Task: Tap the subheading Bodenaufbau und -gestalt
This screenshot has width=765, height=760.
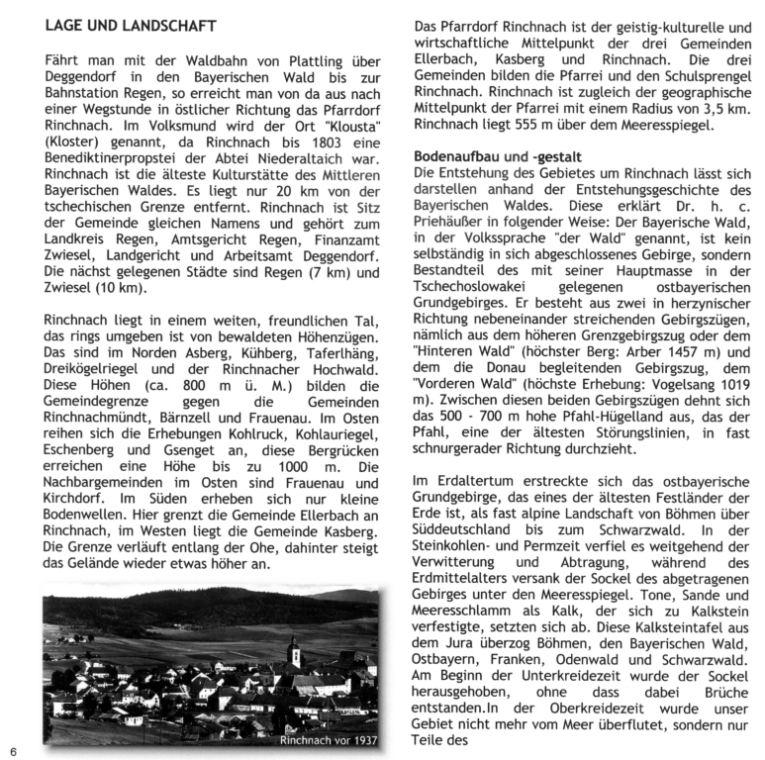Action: [x=496, y=156]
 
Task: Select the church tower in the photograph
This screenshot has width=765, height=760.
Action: [x=293, y=652]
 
